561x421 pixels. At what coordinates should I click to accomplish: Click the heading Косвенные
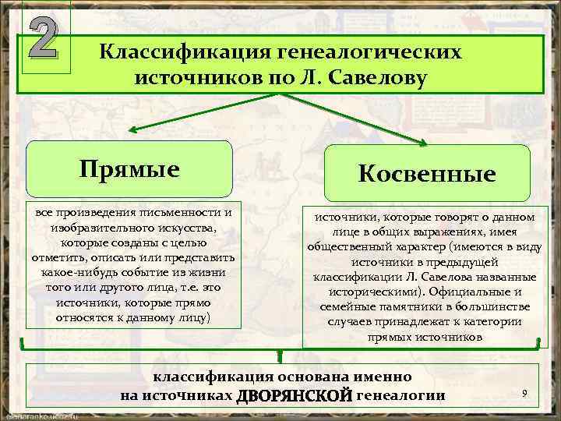(x=427, y=174)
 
